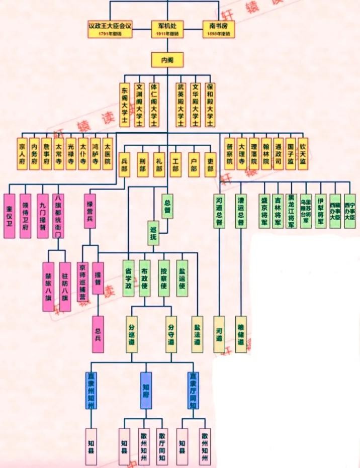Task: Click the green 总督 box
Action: pyautogui.click(x=167, y=206)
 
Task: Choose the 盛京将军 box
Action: pyautogui.click(x=265, y=211)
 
